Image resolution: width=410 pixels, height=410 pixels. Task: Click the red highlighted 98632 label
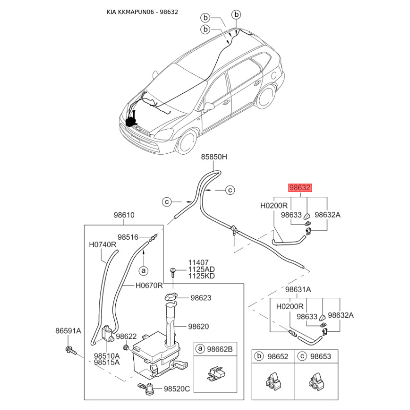300,188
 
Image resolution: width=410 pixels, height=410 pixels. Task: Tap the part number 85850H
214,157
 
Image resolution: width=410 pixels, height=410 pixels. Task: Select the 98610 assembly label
124,215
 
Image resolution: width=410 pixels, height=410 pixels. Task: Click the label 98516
128,237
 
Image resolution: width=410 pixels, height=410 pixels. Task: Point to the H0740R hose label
102,244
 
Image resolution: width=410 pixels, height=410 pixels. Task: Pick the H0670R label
149,285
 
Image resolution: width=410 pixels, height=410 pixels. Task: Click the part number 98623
201,298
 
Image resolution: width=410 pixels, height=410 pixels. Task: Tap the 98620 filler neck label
198,326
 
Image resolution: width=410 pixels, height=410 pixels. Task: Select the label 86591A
68,331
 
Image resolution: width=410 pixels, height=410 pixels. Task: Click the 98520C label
177,389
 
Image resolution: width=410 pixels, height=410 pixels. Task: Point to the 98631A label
298,290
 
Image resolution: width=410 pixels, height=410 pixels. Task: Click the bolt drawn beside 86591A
71,351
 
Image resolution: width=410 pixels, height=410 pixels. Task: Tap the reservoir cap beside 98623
171,297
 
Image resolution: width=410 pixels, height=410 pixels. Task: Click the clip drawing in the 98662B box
216,373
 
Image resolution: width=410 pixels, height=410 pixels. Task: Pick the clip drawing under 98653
317,381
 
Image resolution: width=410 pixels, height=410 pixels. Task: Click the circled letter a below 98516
143,271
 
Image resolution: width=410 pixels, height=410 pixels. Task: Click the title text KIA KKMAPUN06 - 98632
142,12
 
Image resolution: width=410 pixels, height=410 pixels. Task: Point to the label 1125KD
201,276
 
